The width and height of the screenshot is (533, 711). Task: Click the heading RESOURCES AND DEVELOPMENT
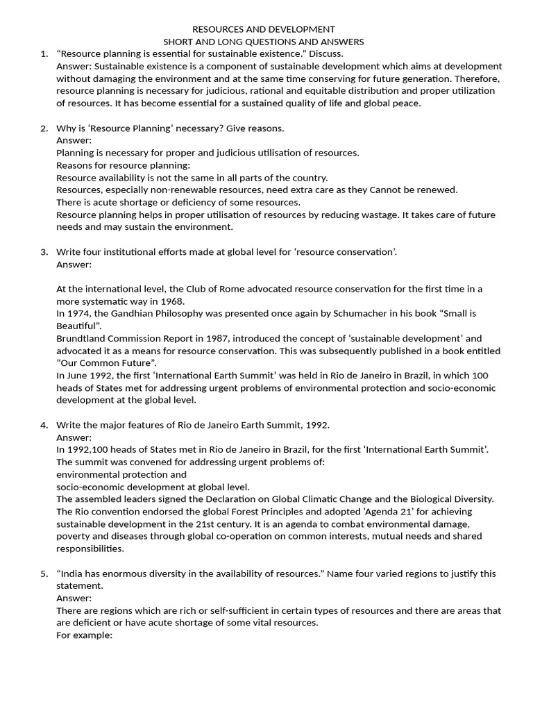click(263, 29)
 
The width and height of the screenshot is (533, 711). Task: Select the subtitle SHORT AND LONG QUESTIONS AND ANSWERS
click(263, 42)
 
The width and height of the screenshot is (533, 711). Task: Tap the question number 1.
click(43, 54)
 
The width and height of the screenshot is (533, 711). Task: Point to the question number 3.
click(43, 251)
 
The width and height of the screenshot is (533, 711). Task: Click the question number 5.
click(43, 574)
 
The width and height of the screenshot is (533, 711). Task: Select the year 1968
click(172, 301)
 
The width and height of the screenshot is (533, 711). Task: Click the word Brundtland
click(83, 339)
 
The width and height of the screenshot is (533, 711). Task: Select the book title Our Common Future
click(107, 363)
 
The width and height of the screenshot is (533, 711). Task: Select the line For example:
click(84, 635)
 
